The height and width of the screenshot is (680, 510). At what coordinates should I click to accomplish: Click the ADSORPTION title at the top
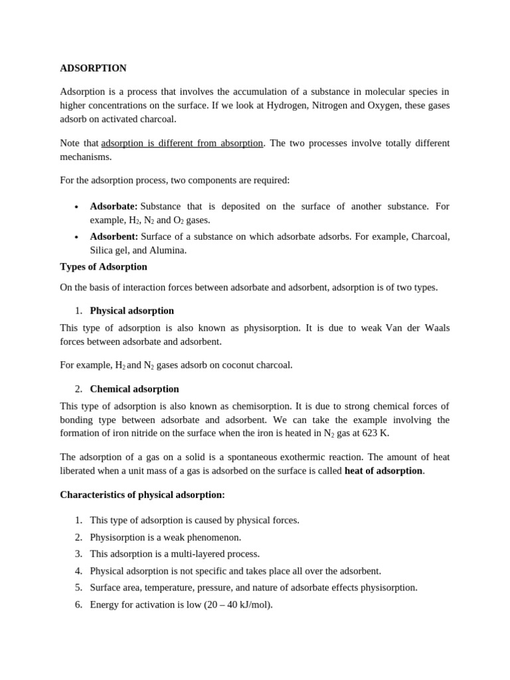tap(93, 68)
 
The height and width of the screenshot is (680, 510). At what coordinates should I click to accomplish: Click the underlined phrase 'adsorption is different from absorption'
tap(182, 143)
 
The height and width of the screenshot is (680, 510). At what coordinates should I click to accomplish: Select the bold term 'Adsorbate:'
tap(114, 207)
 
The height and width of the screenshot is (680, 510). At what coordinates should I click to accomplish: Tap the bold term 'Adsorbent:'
tap(114, 236)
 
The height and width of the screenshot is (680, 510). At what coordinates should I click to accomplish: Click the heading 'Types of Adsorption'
tap(104, 267)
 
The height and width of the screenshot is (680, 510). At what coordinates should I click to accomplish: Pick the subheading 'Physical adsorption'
tap(131, 311)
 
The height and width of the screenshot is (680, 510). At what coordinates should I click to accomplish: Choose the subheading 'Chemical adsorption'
tap(134, 389)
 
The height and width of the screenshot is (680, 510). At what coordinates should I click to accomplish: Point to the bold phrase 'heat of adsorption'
tap(383, 471)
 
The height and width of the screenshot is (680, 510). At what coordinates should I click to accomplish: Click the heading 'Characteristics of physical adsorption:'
tap(142, 495)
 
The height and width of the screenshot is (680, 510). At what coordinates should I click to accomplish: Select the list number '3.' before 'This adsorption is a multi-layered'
tap(78, 554)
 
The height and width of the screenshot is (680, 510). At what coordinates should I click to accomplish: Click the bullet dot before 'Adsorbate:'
tap(77, 207)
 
